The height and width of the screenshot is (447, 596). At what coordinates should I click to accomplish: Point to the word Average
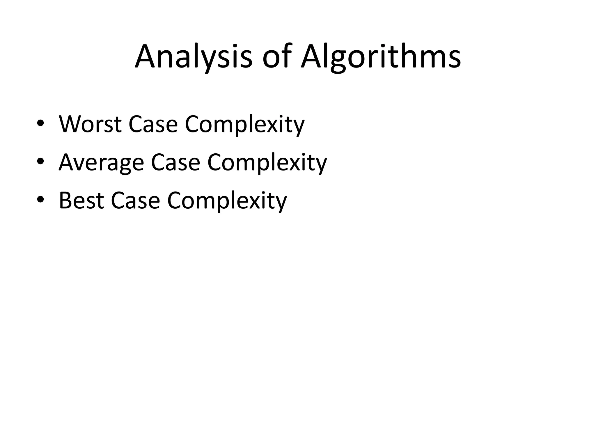(x=101, y=162)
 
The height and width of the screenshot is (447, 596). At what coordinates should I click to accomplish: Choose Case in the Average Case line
(x=175, y=162)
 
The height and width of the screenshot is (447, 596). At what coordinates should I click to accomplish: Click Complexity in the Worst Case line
(x=245, y=125)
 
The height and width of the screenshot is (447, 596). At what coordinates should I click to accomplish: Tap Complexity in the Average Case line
(x=267, y=163)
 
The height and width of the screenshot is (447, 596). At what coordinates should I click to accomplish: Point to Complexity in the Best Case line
(x=227, y=201)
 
